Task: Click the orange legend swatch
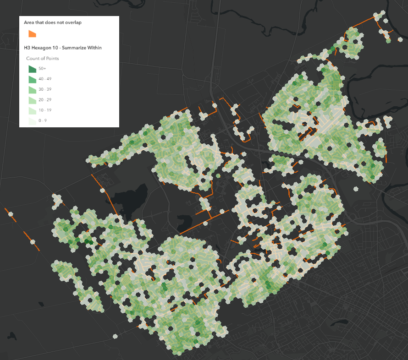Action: pos(32,34)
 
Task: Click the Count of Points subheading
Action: pos(43,59)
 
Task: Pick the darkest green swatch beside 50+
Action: pos(32,69)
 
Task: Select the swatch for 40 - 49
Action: pos(32,79)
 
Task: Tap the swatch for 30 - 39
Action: pos(32,89)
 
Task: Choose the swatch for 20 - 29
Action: pos(32,100)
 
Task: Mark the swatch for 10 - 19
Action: pos(32,110)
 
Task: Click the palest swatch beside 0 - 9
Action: pos(32,120)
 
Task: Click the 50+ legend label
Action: pos(43,69)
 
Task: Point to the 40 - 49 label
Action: pos(45,79)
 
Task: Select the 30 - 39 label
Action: pos(45,89)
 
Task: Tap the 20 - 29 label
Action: pos(45,100)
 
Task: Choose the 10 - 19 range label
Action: pos(45,110)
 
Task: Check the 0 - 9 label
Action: pos(44,120)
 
